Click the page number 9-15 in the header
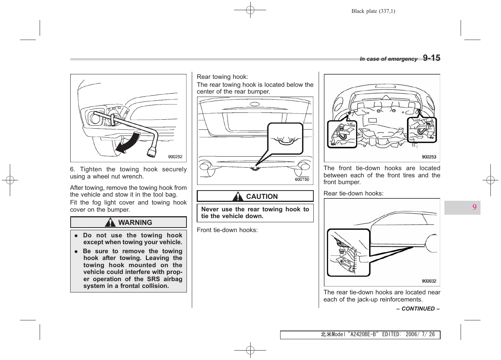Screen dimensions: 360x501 pyautogui.click(x=431, y=58)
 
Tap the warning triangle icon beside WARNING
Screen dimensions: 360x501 pyautogui.click(x=110, y=223)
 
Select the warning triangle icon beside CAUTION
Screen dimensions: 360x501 pyautogui.click(x=238, y=197)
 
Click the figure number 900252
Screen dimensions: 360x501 pyautogui.click(x=175, y=157)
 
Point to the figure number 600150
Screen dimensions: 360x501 pyautogui.click(x=302, y=180)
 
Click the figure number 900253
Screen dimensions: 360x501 pyautogui.click(x=429, y=157)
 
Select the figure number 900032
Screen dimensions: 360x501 pyautogui.click(x=429, y=281)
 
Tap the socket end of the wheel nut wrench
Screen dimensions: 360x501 pyautogui.click(x=152, y=152)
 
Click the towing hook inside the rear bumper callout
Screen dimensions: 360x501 pyautogui.click(x=285, y=141)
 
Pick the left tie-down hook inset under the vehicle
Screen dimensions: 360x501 pyautogui.click(x=342, y=134)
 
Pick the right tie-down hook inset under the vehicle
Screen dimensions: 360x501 pyautogui.click(x=422, y=130)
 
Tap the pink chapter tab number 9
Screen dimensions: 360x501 pyautogui.click(x=474, y=207)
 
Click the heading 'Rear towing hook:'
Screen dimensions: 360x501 pyautogui.click(x=222, y=77)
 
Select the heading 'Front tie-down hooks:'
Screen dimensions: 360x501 pyautogui.click(x=227, y=230)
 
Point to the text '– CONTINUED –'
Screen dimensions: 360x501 pyautogui.click(x=418, y=309)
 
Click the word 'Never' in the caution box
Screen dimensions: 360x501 pyautogui.click(x=210, y=209)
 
